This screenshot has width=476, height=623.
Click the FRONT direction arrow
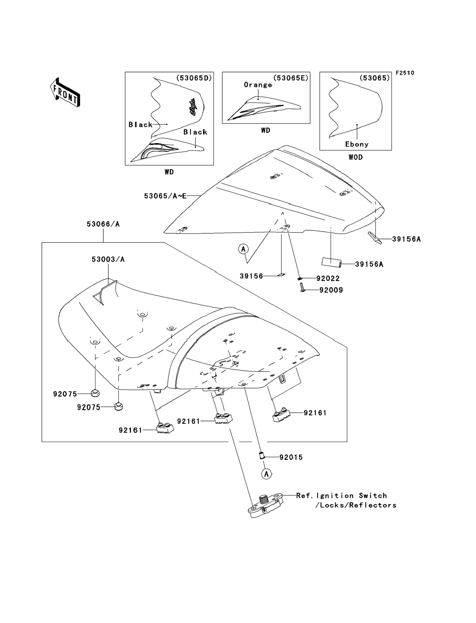[x=65, y=93]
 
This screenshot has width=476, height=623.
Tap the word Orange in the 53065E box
[x=258, y=85]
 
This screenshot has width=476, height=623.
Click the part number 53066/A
[x=103, y=224]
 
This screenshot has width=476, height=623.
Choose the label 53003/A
[x=108, y=259]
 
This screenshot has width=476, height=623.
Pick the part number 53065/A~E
[x=165, y=196]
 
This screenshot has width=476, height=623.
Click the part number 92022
[x=328, y=279]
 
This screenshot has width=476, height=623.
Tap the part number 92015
[x=291, y=457]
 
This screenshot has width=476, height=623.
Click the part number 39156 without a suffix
[x=251, y=276]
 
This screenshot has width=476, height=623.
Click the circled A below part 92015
[x=266, y=474]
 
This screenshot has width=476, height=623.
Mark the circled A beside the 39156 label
[x=243, y=249]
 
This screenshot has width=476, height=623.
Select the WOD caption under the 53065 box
[x=356, y=157]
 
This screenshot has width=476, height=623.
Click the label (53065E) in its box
[x=291, y=78]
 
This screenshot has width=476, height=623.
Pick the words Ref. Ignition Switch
[x=341, y=496]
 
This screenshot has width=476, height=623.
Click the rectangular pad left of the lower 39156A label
[x=331, y=262]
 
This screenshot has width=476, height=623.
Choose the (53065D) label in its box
[x=194, y=78]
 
